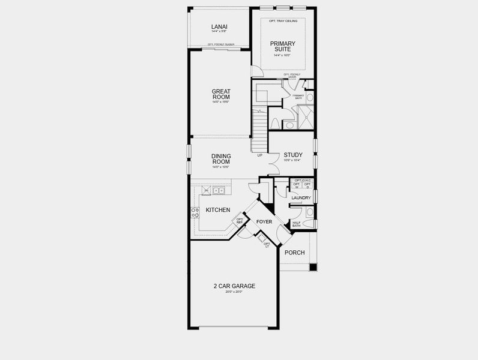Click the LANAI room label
point(219,26)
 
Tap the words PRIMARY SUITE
point(282,46)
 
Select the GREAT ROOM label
point(220,94)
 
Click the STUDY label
point(293,155)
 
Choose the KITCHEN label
point(217,210)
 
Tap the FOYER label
point(264,222)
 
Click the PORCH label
point(294,253)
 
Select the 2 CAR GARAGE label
point(234,286)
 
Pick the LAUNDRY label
point(300,197)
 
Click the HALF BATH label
point(296,224)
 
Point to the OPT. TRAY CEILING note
point(283,21)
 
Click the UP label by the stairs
point(259,155)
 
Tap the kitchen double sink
point(219,191)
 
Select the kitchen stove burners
point(195,211)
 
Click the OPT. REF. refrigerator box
point(240,221)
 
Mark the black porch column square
point(312,267)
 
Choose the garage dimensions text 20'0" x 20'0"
point(234,292)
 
